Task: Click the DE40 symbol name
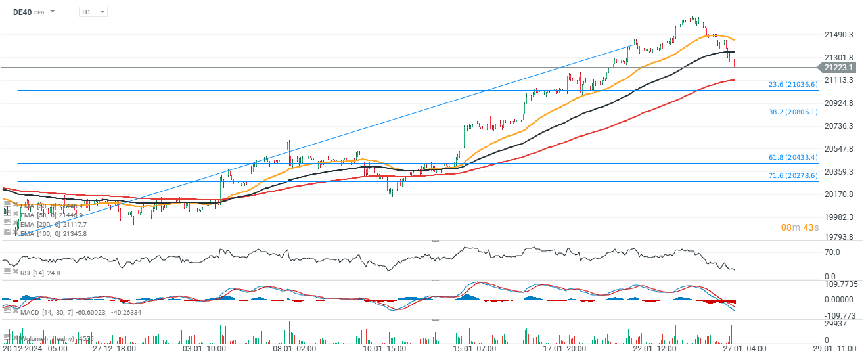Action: click(x=22, y=12)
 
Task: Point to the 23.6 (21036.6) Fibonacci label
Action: click(x=793, y=85)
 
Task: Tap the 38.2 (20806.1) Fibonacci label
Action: click(x=793, y=112)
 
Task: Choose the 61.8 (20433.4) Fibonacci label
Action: click(x=793, y=158)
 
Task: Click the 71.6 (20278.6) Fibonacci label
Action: click(x=793, y=176)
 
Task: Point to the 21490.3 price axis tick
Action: click(x=838, y=35)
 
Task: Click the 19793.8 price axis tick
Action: click(x=838, y=236)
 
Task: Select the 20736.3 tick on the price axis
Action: click(x=838, y=125)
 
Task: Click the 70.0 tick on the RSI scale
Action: click(x=832, y=252)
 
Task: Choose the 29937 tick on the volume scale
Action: click(x=834, y=324)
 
